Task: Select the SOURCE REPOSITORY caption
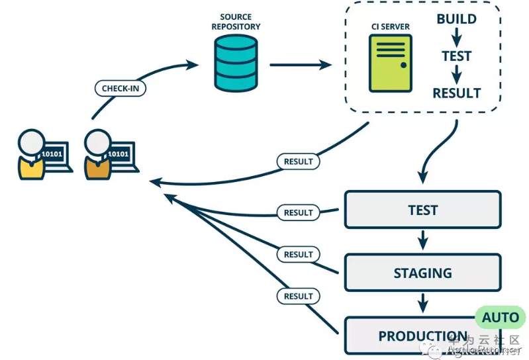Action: coord(236,21)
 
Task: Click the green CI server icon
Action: coord(391,63)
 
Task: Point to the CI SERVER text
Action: coord(391,26)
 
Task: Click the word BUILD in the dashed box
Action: coord(456,19)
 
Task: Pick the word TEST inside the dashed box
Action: coord(456,56)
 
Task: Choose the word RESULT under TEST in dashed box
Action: coord(456,93)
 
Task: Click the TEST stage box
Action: coord(422,210)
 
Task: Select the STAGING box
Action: coord(422,273)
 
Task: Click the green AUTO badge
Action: coord(500,318)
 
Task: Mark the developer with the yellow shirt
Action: coord(31,154)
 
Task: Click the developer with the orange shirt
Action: coord(98,154)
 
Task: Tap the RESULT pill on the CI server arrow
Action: coord(298,161)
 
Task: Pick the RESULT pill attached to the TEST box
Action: coord(298,212)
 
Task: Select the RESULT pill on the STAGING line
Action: coord(298,254)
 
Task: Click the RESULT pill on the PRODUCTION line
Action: coord(298,296)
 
